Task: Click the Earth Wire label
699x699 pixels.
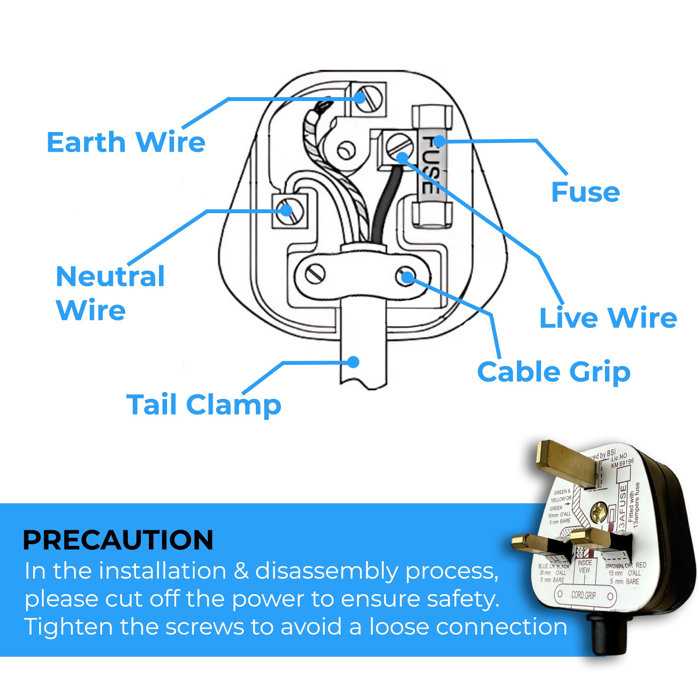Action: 126,142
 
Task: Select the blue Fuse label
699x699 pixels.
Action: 585,192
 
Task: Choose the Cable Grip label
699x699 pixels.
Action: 554,372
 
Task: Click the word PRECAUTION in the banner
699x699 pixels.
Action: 118,540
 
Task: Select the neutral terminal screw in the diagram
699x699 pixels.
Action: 289,212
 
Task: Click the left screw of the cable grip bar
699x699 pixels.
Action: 315,274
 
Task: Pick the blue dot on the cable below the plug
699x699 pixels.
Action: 353,362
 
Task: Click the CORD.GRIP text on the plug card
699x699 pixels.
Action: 584,595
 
